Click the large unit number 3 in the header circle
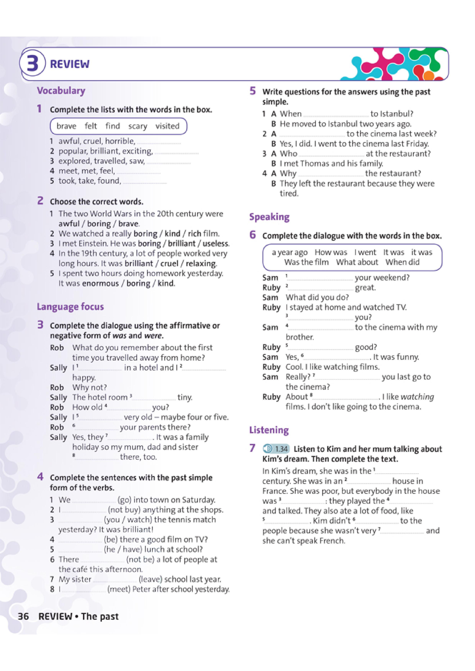click(x=33, y=64)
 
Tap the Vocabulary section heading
click(x=61, y=91)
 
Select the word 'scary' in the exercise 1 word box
click(x=138, y=126)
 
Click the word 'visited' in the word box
click(x=167, y=126)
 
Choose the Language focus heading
click(x=70, y=307)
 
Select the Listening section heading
click(x=269, y=430)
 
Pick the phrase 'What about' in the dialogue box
click(x=357, y=262)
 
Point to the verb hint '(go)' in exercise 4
click(x=124, y=500)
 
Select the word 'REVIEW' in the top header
click(x=70, y=64)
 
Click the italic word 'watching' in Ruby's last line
click(x=417, y=397)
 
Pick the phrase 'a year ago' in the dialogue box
click(x=289, y=252)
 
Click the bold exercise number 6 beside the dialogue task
click(x=253, y=235)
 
